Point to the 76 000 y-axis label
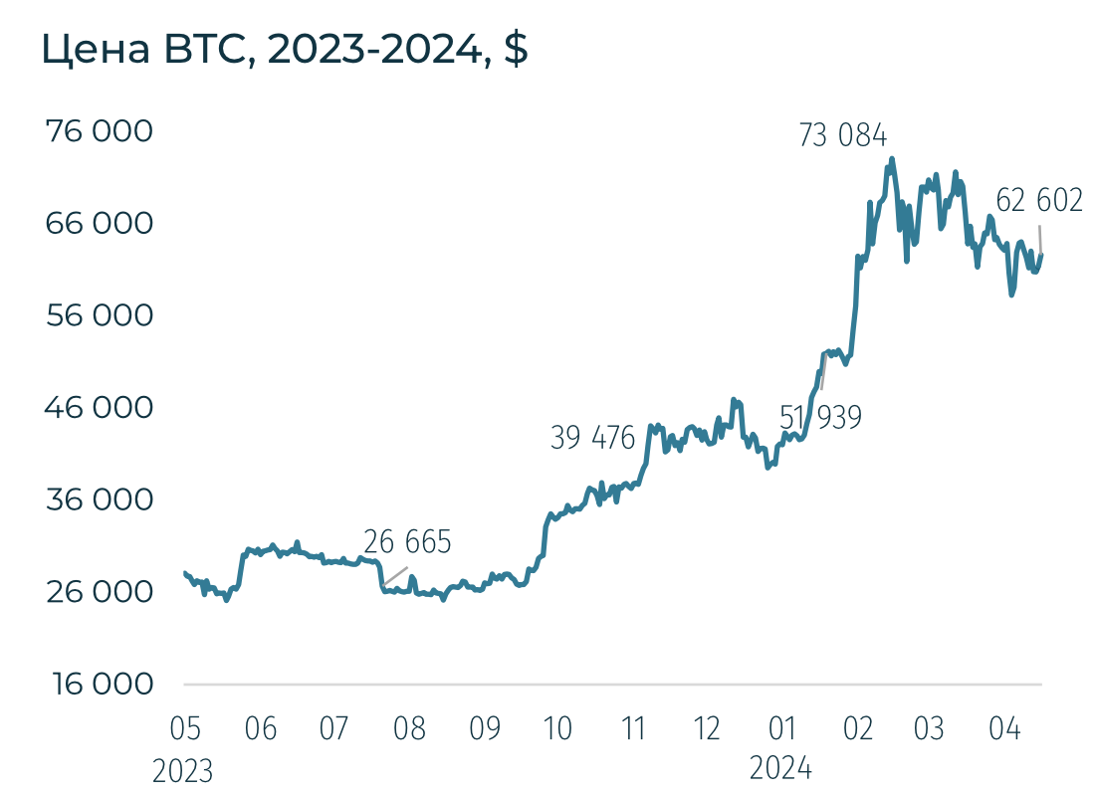click(x=100, y=131)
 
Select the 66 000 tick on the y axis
click(x=100, y=223)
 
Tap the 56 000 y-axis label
click(x=100, y=315)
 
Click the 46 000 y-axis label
click(x=100, y=408)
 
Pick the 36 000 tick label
click(x=100, y=499)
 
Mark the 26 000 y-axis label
click(x=100, y=592)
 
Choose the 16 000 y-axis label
click(x=100, y=685)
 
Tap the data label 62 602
click(x=1038, y=201)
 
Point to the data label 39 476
click(x=592, y=438)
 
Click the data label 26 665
click(x=407, y=542)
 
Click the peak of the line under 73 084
click(x=892, y=158)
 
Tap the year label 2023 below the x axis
click(x=183, y=770)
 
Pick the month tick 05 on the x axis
click(x=185, y=729)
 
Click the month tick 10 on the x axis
click(x=557, y=729)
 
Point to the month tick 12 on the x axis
click(x=707, y=729)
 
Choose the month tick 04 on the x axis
click(x=1004, y=729)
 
